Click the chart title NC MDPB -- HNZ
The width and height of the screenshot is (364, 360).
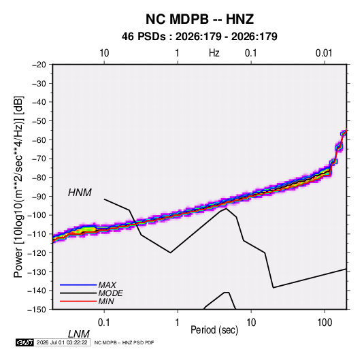[x=199, y=19]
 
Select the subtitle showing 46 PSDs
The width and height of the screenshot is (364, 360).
[x=199, y=37]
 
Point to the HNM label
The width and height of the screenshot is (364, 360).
[x=80, y=193]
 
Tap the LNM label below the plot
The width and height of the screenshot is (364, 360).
[x=78, y=334]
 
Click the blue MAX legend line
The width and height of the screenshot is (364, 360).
[x=78, y=284]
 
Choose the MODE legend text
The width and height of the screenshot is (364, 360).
[x=110, y=293]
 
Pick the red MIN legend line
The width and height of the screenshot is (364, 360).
[x=78, y=301]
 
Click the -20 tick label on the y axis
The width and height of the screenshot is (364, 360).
[x=39, y=65]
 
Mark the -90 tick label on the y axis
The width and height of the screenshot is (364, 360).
[x=39, y=196]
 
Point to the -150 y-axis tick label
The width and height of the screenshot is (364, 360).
[x=37, y=310]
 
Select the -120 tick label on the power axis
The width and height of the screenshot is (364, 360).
[x=37, y=252]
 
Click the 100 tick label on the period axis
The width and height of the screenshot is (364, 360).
[x=325, y=323]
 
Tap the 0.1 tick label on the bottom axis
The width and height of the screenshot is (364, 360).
[x=104, y=323]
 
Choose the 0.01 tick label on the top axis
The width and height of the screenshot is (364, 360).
[x=324, y=53]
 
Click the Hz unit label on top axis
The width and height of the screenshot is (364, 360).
[x=214, y=53]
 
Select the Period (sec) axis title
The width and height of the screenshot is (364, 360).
[x=214, y=330]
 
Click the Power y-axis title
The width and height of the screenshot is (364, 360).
[x=18, y=187]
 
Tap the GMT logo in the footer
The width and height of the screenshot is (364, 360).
[x=25, y=342]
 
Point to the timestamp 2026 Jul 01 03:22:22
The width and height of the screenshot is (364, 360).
[x=62, y=342]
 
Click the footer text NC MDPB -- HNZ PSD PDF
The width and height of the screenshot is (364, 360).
[x=124, y=342]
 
